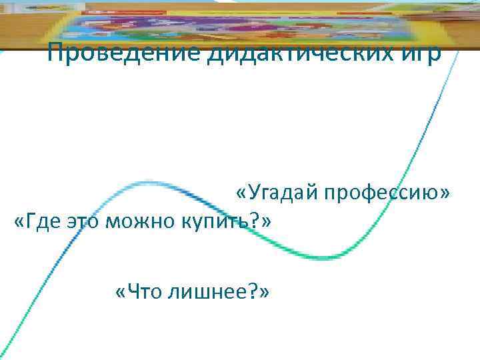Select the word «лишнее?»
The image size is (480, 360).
tap(213, 291)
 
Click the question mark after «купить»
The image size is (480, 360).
tap(257, 221)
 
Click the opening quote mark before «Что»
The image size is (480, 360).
tap(120, 292)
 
